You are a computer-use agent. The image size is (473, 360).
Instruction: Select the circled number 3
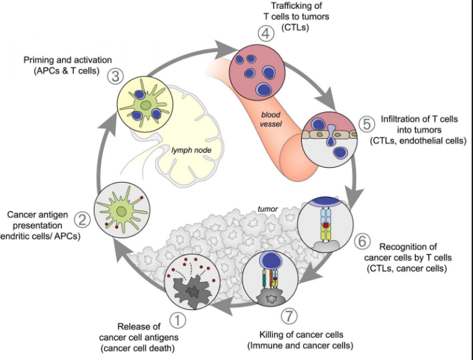click(115, 76)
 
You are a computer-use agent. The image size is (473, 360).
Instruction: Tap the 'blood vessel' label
click(272, 120)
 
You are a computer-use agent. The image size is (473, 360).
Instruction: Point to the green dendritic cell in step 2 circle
click(122, 212)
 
